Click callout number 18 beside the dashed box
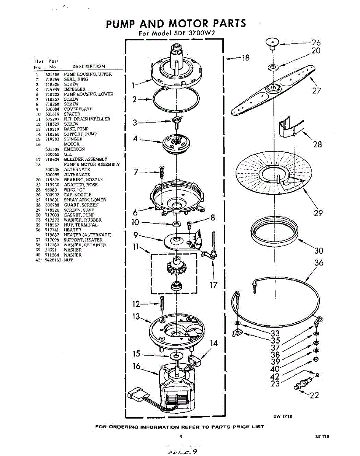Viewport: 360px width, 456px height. (245, 58)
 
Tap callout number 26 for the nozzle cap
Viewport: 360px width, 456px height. (316, 43)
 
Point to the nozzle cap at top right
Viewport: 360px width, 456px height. (272, 43)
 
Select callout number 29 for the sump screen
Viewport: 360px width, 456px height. (318, 213)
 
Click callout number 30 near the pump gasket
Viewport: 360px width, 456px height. (319, 250)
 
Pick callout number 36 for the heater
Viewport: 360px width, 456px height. (319, 263)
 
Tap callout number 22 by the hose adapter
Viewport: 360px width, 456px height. (314, 395)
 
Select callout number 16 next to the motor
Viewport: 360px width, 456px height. (137, 367)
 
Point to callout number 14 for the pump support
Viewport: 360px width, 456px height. (214, 343)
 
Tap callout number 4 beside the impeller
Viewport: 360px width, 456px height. (135, 139)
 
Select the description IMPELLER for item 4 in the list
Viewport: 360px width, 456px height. (75, 89)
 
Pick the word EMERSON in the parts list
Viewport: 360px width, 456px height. (74, 149)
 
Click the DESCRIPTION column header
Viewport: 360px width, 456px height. (89, 66)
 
